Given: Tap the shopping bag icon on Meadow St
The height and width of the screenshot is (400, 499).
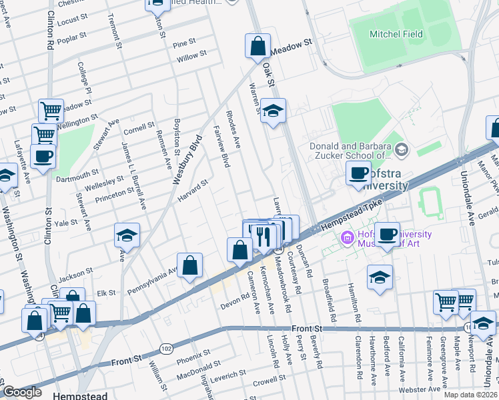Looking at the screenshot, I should coord(258,47).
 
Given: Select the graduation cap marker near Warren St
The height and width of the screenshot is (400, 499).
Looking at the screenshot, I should coord(273,111).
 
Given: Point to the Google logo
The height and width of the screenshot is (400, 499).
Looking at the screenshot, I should coord(23,392).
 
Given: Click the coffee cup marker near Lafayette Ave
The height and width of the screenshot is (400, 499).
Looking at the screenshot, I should coord(43,157).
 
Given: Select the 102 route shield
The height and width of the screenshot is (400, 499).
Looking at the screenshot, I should coord(166,348).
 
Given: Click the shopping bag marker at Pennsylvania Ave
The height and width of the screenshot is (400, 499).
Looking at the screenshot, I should coord(190,265).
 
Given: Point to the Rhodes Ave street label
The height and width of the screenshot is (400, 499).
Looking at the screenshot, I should coord(233,129).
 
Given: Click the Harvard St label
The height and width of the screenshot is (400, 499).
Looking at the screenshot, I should coord(193,188).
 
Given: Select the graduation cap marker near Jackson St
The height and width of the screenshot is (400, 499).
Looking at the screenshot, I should coord(127,236).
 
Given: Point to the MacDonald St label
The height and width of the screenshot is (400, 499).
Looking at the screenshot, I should coord(193,365).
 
